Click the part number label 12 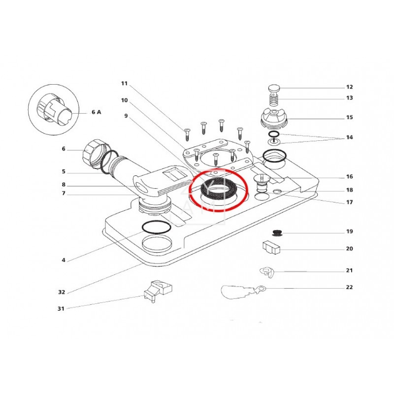349,87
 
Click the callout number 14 349,137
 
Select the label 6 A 96,112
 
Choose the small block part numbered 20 270,247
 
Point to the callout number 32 62,292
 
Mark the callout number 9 126,116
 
